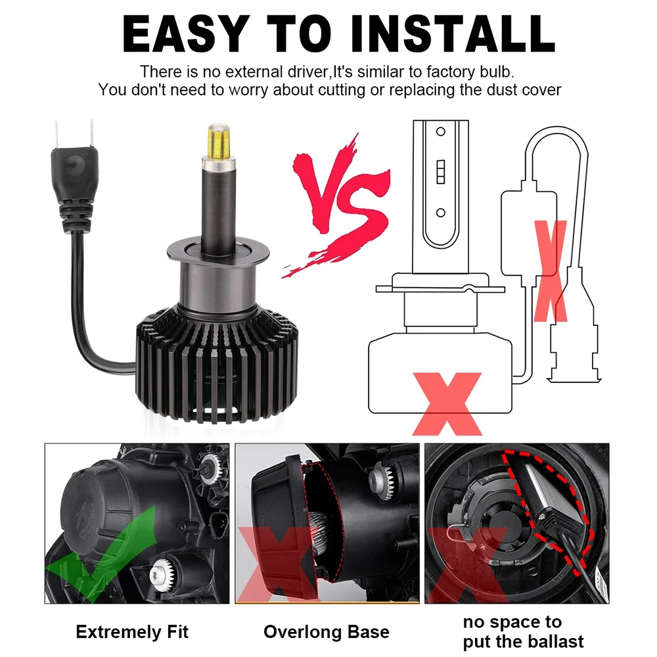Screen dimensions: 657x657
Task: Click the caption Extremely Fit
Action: (x=132, y=632)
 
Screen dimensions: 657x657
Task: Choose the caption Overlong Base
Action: (x=326, y=632)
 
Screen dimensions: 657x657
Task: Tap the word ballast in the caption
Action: (x=551, y=642)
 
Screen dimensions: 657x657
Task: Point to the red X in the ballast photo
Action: (x=466, y=565)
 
